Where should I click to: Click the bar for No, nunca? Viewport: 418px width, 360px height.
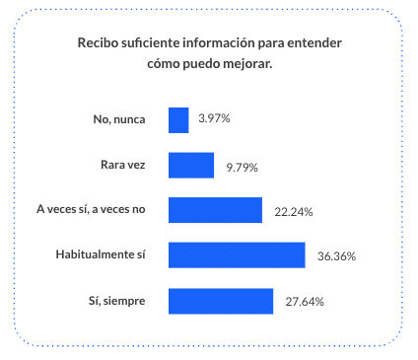pos(178,119)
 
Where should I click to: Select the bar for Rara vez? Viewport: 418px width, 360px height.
pos(191,165)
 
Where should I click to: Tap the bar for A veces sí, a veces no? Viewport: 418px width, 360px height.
pos(215,210)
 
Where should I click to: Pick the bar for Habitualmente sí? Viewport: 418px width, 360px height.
pos(237,254)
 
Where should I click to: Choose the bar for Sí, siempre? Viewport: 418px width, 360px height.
pos(221,300)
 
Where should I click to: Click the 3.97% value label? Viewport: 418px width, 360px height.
pos(214,119)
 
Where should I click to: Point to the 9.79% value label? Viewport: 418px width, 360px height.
pos(242,167)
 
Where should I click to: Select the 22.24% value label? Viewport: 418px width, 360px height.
pos(292,211)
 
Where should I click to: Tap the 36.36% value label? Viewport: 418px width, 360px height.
pos(336,256)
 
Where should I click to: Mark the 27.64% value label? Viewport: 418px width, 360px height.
pos(304,301)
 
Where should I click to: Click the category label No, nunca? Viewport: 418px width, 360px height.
pos(119,119)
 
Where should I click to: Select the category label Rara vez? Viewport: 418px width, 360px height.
pos(123,165)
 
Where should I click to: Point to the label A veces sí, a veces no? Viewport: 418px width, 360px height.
pos(91,210)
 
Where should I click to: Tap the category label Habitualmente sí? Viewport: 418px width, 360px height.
pos(101,255)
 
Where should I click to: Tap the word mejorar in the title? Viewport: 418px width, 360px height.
pos(247,63)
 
